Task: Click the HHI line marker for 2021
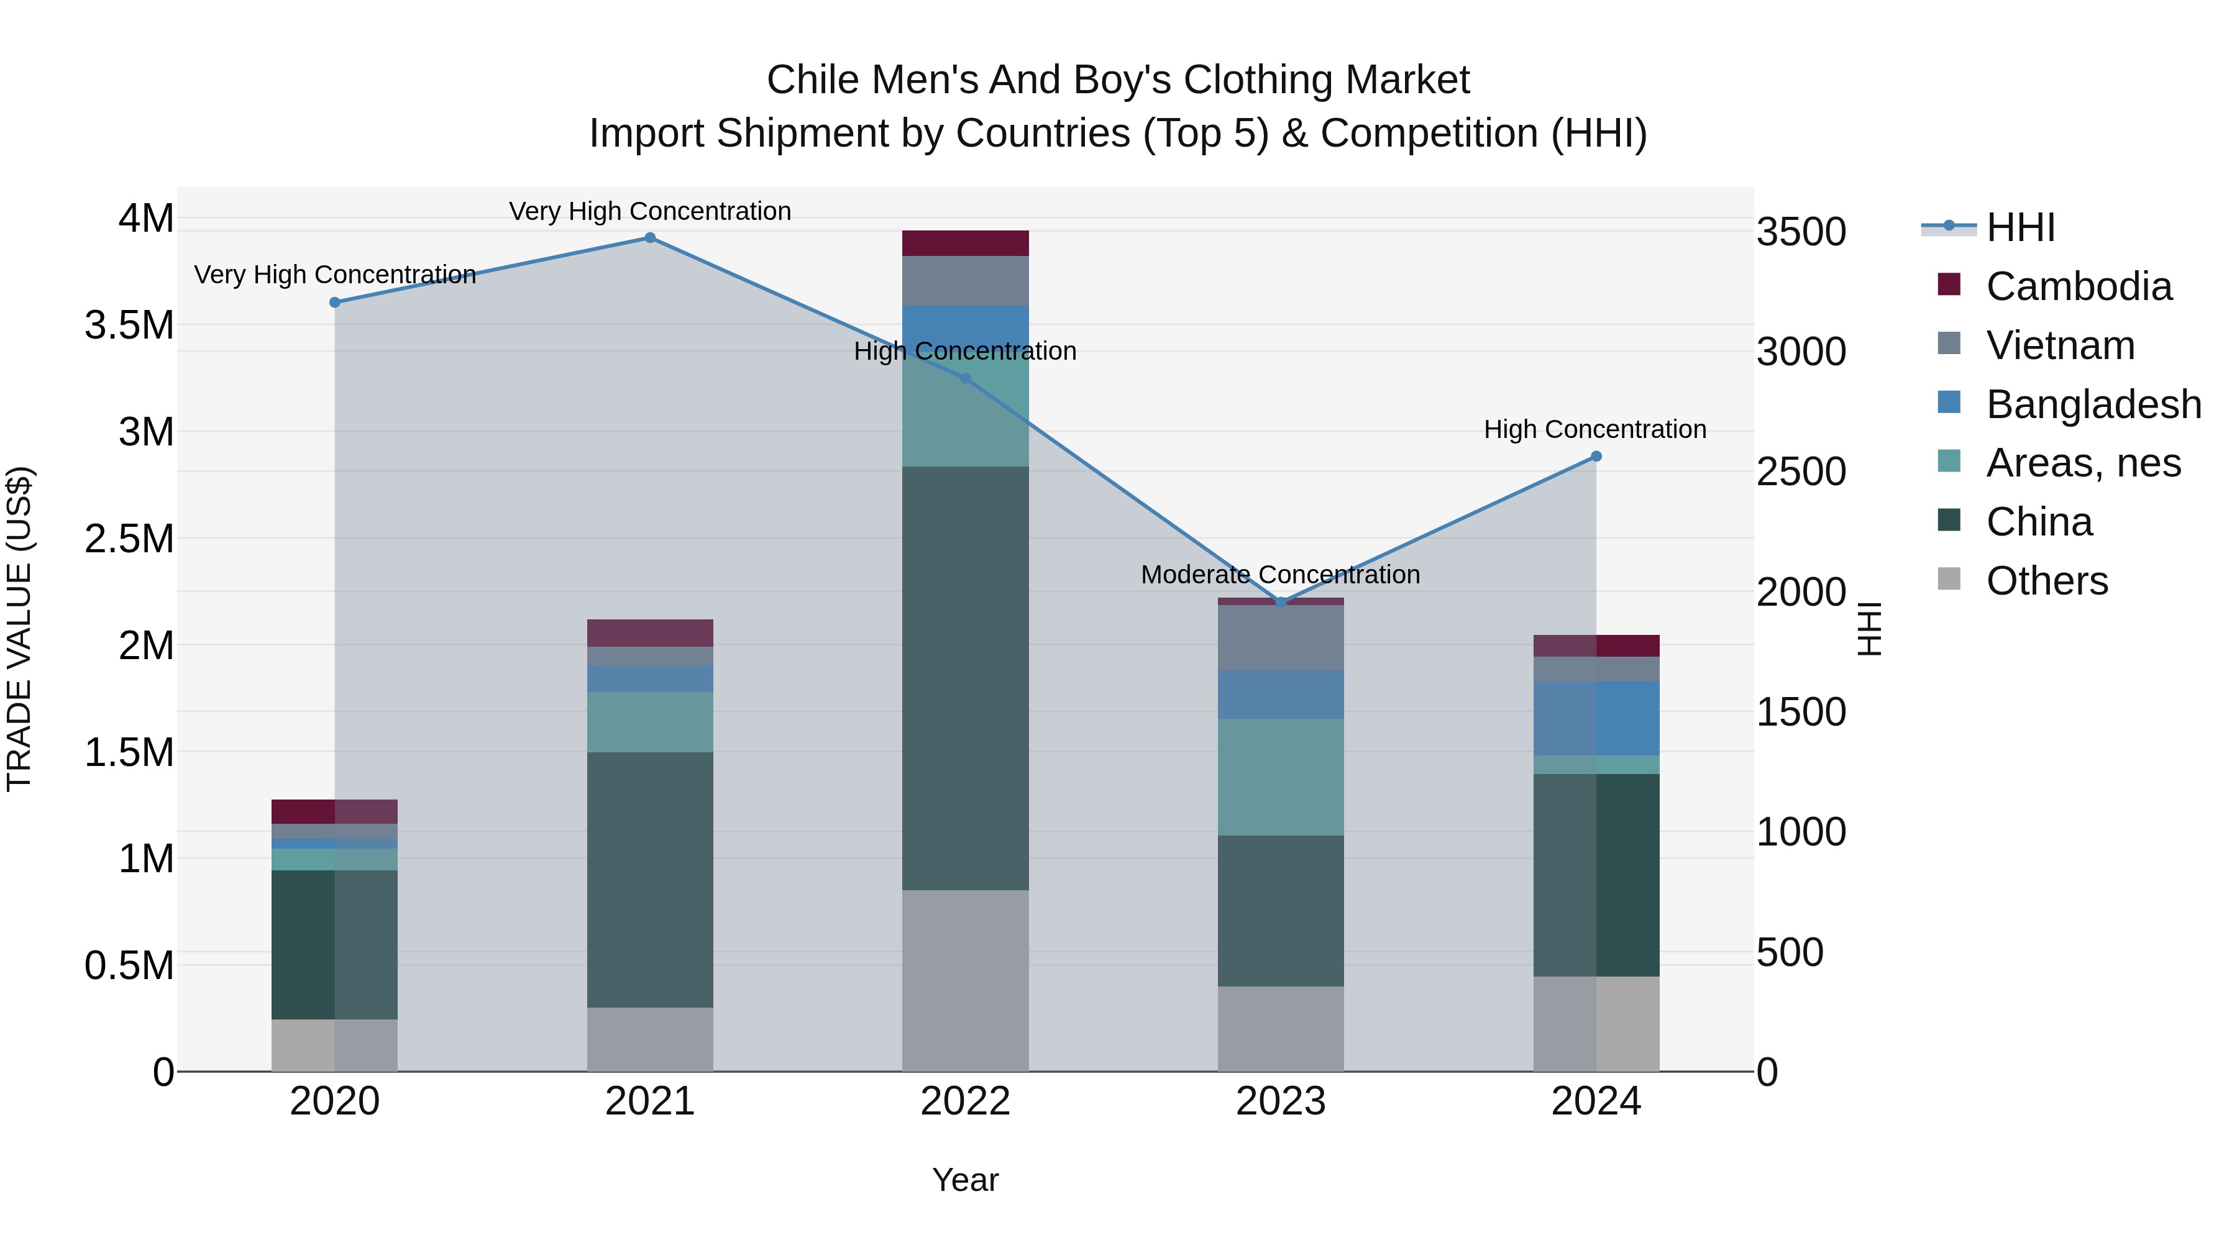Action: tap(649, 238)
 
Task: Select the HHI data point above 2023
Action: tap(1281, 601)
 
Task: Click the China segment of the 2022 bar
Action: tap(965, 677)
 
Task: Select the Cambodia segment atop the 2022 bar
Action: tap(965, 243)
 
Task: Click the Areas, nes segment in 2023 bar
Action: tap(1281, 777)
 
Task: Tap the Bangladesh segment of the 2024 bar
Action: tap(1596, 718)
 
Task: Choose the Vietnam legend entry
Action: tap(2059, 345)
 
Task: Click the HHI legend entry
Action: tap(2020, 227)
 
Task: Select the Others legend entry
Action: tap(2046, 581)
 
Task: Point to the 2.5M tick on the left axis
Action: tap(129, 538)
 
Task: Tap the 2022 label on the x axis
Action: tap(965, 1101)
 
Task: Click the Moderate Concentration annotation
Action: tap(1280, 575)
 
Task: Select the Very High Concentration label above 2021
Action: tap(649, 211)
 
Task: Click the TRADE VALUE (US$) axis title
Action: tap(19, 629)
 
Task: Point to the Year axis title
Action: tap(965, 1180)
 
